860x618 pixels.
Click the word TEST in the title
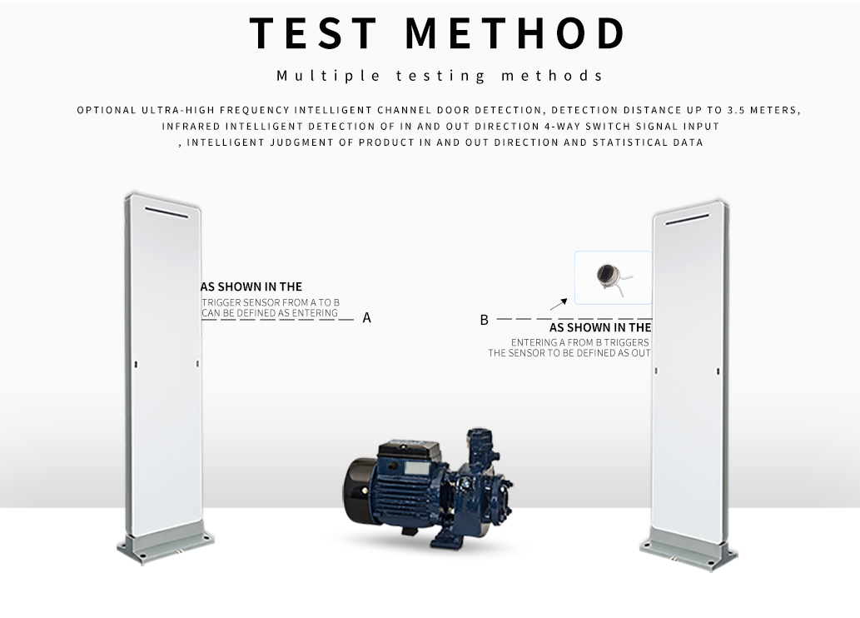click(313, 33)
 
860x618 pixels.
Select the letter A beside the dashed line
click(367, 318)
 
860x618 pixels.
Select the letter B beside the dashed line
click(484, 320)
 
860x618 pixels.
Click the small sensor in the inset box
click(610, 277)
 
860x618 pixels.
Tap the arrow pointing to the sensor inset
click(559, 305)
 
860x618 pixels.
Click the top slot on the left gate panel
click(167, 212)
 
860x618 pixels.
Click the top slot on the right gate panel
click(687, 220)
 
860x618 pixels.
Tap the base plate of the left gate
click(165, 546)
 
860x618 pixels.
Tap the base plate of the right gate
click(688, 551)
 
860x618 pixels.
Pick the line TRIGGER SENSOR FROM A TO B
click(271, 302)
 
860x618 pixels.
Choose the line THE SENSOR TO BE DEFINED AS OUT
click(569, 353)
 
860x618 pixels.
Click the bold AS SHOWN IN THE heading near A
click(251, 287)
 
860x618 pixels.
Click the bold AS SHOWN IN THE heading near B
click(600, 327)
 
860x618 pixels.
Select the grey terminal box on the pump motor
click(417, 468)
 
